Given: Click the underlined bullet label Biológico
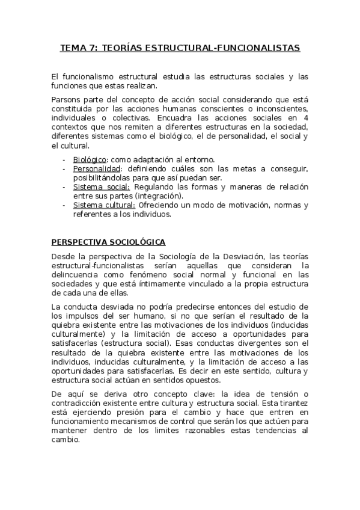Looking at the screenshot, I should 90,159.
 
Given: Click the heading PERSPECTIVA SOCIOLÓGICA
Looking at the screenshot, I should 108,242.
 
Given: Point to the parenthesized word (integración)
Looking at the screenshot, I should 159,195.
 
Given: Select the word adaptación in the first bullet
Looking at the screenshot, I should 149,159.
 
